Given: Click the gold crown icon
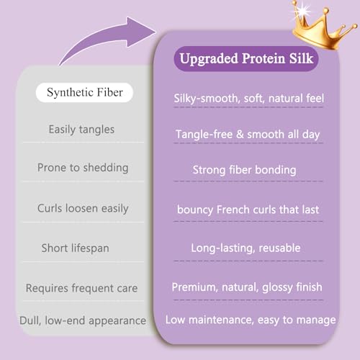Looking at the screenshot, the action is [x=323, y=27].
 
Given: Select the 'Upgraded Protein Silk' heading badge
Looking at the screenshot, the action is [x=246, y=58].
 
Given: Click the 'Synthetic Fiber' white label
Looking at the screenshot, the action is [x=84, y=92].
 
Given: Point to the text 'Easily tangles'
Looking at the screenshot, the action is [x=81, y=130].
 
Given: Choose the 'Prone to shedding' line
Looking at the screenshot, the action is [x=83, y=168].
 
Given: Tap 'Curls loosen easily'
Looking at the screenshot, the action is [x=83, y=208].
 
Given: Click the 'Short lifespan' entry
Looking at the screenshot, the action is [x=76, y=248].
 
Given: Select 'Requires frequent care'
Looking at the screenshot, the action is [x=81, y=288].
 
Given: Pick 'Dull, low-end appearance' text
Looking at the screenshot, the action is [x=83, y=320].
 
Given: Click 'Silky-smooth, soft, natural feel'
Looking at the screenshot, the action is [x=248, y=99].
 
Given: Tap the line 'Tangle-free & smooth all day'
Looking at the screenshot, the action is [x=248, y=135].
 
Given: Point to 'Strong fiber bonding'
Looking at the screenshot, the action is [x=244, y=170].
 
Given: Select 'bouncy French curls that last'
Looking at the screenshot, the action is [x=248, y=210].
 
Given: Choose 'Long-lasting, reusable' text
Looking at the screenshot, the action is [x=246, y=248].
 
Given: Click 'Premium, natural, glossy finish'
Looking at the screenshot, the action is [x=247, y=287].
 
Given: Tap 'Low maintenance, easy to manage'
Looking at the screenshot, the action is [x=251, y=320].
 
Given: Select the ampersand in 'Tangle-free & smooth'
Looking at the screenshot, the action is [x=240, y=135].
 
